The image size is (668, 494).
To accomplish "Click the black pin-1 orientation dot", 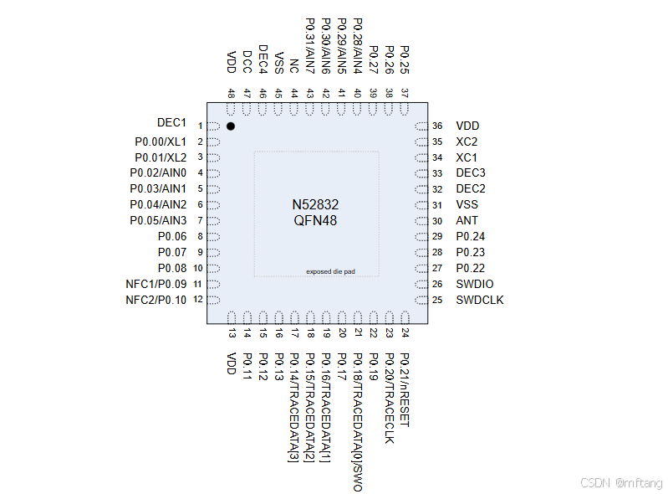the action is (x=231, y=126).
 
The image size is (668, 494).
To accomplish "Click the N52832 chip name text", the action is (x=315, y=205).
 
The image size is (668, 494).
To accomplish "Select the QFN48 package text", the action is (x=315, y=221).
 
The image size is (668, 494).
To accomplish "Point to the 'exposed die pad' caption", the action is (x=330, y=271).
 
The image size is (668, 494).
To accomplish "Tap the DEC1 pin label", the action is (x=171, y=124).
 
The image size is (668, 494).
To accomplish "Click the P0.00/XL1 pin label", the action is (x=161, y=142).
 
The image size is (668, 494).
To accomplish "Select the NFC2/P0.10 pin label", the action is (x=156, y=300).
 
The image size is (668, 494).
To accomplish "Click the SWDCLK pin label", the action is (x=480, y=300).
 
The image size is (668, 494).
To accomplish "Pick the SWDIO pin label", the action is (x=474, y=284).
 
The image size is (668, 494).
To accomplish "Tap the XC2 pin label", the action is (x=467, y=142).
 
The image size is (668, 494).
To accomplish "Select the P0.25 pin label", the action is (x=405, y=60).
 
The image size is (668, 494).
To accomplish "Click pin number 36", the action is (x=437, y=126).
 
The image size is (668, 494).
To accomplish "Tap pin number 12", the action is (x=198, y=300).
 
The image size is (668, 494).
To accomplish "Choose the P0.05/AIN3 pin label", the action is (x=158, y=220).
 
